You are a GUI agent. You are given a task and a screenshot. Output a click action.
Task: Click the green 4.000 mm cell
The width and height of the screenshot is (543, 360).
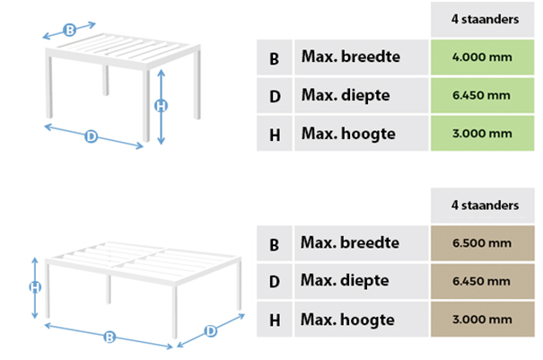[x=482, y=57]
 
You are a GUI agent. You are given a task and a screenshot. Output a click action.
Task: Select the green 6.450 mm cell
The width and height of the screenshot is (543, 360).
[x=482, y=95]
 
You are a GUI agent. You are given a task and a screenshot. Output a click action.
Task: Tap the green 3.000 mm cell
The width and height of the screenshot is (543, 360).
[x=482, y=134]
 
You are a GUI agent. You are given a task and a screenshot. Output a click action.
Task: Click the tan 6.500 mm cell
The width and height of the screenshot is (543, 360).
[x=482, y=243]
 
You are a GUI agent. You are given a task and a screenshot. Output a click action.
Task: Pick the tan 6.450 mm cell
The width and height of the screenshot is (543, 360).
[x=482, y=281]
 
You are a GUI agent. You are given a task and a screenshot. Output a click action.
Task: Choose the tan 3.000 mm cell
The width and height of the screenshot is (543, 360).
[x=482, y=319]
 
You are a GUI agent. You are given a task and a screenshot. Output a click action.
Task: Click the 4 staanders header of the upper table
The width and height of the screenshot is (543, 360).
[x=485, y=20]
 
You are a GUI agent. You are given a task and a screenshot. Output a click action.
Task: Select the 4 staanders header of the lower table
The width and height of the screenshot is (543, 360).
[x=485, y=206]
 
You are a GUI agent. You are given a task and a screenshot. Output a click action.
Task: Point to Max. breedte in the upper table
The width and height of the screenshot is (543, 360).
[x=350, y=57]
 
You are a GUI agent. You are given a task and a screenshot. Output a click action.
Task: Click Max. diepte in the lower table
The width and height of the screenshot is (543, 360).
[x=345, y=281]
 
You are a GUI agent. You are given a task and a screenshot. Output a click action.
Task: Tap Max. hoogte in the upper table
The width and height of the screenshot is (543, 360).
[x=348, y=134]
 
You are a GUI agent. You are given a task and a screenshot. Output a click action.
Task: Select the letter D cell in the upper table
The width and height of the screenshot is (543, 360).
[x=275, y=95]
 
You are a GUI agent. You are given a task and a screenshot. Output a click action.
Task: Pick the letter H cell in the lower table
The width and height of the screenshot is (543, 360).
[x=275, y=319]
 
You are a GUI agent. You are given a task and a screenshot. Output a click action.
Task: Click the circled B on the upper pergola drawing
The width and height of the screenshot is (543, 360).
[x=70, y=30]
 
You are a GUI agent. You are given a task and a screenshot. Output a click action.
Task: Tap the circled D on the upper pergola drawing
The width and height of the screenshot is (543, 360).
[x=91, y=136]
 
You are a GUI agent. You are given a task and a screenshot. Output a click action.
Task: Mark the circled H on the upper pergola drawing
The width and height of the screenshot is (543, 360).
[x=161, y=106]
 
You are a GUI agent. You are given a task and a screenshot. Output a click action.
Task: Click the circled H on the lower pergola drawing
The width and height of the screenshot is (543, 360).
[x=35, y=287]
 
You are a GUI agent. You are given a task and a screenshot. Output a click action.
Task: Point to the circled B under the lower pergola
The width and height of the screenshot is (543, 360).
[x=109, y=337]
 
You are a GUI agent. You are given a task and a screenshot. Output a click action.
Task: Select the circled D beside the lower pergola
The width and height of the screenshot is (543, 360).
[x=211, y=331]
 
